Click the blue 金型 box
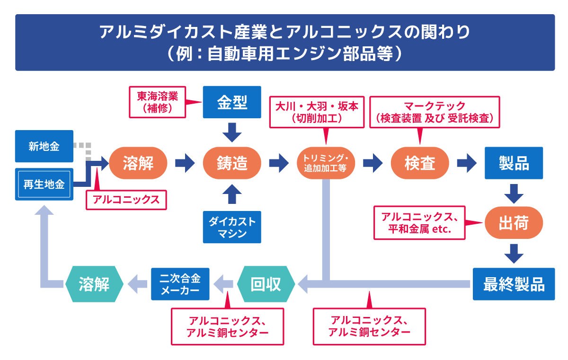(232, 102)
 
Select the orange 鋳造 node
(232, 163)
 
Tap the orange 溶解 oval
(138, 163)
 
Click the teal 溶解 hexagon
(94, 284)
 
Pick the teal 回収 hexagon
(266, 284)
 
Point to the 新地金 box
(44, 146)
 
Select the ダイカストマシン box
(232, 227)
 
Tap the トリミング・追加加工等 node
(326, 163)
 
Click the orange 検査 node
(419, 163)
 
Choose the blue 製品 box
(514, 163)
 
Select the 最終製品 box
(514, 284)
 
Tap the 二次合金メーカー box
(180, 284)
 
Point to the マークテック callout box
(435, 112)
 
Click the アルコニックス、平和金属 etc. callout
(419, 222)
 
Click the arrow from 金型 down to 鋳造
(232, 132)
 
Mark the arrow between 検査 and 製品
(466, 163)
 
